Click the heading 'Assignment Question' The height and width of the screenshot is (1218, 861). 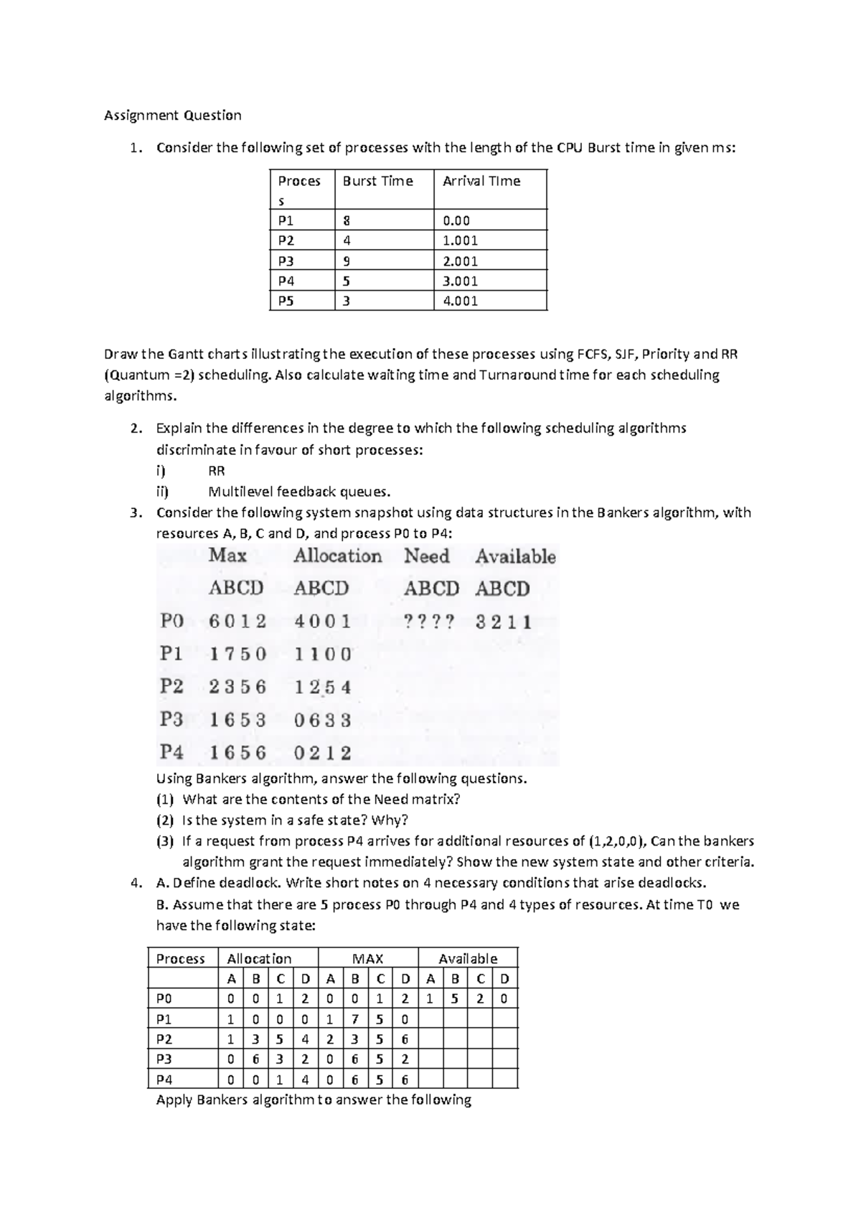tap(172, 115)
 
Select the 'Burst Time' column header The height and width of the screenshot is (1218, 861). tap(377, 181)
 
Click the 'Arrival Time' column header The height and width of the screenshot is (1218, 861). tap(481, 181)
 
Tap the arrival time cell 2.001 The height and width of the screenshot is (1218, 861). tap(460, 261)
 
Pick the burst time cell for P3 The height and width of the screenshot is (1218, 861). tap(347, 261)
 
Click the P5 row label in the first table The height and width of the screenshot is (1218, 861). tap(286, 301)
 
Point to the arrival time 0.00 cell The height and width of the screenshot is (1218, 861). tap(456, 221)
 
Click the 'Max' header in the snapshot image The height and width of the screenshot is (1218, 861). tap(227, 556)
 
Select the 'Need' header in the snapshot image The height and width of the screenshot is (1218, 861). tap(426, 556)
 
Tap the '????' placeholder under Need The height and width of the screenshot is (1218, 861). tap(428, 622)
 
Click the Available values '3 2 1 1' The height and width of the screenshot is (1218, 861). tap(503, 622)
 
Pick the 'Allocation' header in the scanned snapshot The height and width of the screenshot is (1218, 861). tap(337, 556)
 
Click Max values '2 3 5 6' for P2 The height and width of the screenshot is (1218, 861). tap(237, 687)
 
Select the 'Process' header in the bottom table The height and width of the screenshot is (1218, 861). tap(180, 959)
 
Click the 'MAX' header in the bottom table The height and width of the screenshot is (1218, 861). tap(367, 959)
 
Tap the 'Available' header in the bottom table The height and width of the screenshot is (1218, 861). tap(467, 959)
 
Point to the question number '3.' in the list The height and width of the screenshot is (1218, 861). tap(136, 512)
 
